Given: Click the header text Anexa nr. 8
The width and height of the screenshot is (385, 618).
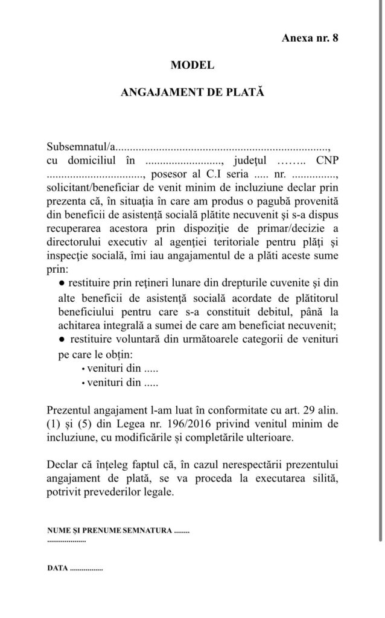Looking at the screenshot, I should pos(310,38).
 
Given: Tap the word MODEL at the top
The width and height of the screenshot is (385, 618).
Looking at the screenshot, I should pos(192,65).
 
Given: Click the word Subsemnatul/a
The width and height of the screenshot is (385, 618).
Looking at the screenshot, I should pos(80,147).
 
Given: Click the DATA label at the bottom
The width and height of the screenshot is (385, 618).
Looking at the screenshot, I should pos(57,569).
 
